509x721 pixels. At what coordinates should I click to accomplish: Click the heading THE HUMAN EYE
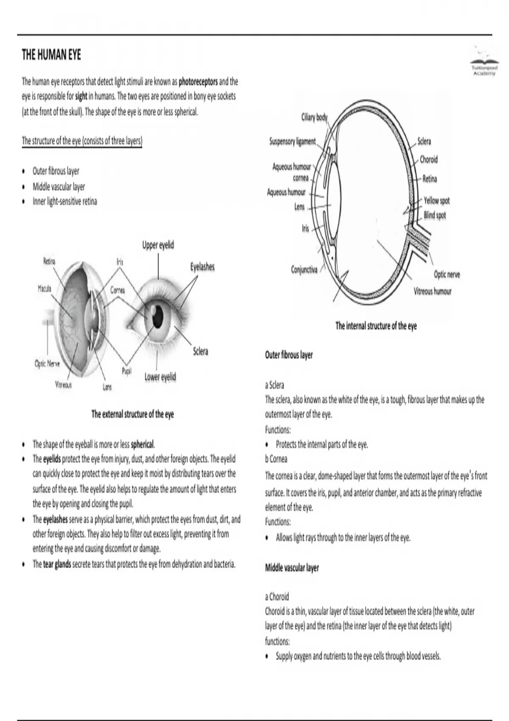click(51, 55)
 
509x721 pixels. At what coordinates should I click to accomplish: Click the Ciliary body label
click(314, 117)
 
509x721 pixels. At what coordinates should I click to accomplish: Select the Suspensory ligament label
click(293, 141)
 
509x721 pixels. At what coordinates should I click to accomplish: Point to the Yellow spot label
click(436, 200)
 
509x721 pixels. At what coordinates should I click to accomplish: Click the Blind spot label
click(435, 215)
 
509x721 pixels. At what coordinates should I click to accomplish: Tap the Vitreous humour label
click(432, 291)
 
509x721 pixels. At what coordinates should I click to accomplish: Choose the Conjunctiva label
click(304, 269)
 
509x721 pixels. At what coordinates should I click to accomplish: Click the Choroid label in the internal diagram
click(428, 159)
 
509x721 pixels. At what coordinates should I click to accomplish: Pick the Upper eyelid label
click(158, 245)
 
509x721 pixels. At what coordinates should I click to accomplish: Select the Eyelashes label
click(202, 267)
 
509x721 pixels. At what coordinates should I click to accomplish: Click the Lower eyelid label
click(160, 377)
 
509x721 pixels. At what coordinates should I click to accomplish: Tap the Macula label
click(45, 289)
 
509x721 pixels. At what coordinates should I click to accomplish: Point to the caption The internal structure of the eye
click(376, 326)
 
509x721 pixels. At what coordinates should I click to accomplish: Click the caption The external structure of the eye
click(132, 414)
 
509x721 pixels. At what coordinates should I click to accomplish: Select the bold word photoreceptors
click(198, 81)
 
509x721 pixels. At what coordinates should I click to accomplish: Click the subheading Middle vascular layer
click(292, 567)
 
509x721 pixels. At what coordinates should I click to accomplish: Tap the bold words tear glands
click(57, 565)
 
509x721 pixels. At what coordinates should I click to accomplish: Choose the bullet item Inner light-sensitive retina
click(65, 201)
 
